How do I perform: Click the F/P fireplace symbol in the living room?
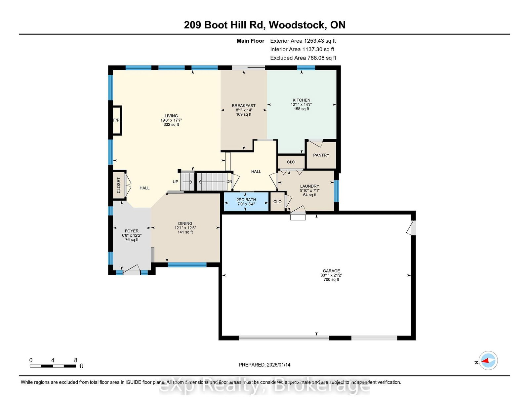[116, 120]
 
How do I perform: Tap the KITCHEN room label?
[301, 100]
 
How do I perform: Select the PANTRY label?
[321, 155]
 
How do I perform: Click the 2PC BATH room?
[246, 202]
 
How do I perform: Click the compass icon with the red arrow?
[488, 360]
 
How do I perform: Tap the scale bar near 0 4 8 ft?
[53, 366]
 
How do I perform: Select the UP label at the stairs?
[176, 182]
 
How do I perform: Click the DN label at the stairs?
[229, 182]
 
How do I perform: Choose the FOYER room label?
[132, 231]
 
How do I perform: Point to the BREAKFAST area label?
[244, 106]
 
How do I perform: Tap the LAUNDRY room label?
[309, 186]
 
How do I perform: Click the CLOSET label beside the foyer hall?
[119, 185]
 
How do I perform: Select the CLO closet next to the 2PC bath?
[277, 202]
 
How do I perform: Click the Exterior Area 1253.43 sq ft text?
[303, 41]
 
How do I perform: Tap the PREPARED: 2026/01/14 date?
[264, 365]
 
